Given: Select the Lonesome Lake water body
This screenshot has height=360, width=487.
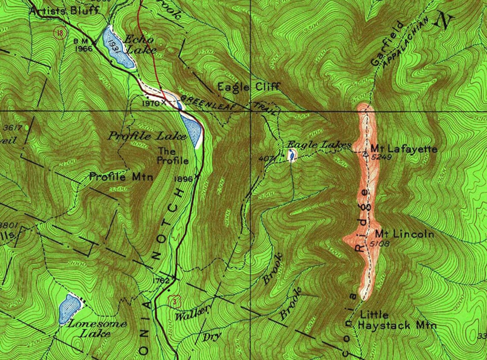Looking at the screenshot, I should (x=70, y=309).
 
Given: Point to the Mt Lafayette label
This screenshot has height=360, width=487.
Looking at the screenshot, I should (x=404, y=149).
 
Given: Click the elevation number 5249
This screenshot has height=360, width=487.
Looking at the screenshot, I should (x=382, y=157).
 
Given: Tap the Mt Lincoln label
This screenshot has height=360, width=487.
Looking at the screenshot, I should (x=405, y=234).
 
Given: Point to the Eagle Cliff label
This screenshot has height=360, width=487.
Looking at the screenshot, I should (x=249, y=87).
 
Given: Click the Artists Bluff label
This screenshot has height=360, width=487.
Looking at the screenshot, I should (x=64, y=10).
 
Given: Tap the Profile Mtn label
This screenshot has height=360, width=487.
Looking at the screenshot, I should (x=121, y=176).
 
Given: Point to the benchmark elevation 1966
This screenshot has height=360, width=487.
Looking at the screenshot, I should (x=84, y=48).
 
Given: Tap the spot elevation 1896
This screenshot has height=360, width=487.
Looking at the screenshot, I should (x=184, y=179).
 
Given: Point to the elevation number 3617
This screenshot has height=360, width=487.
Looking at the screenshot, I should (x=10, y=127).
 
